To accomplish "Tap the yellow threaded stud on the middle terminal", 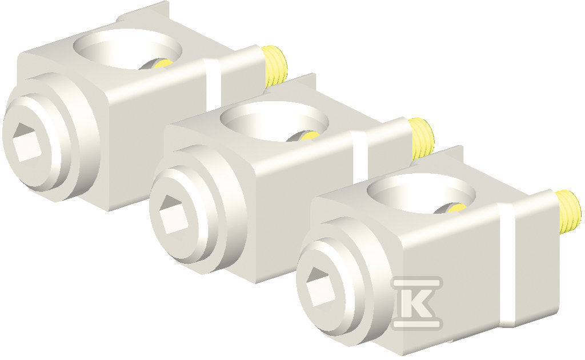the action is pyautogui.click(x=422, y=138).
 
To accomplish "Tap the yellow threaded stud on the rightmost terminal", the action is pyautogui.click(x=568, y=211).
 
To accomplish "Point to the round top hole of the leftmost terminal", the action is pyautogui.click(x=127, y=49).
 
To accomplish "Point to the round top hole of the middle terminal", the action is pyautogui.click(x=274, y=121).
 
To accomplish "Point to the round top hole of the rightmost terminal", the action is pyautogui.click(x=421, y=193).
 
